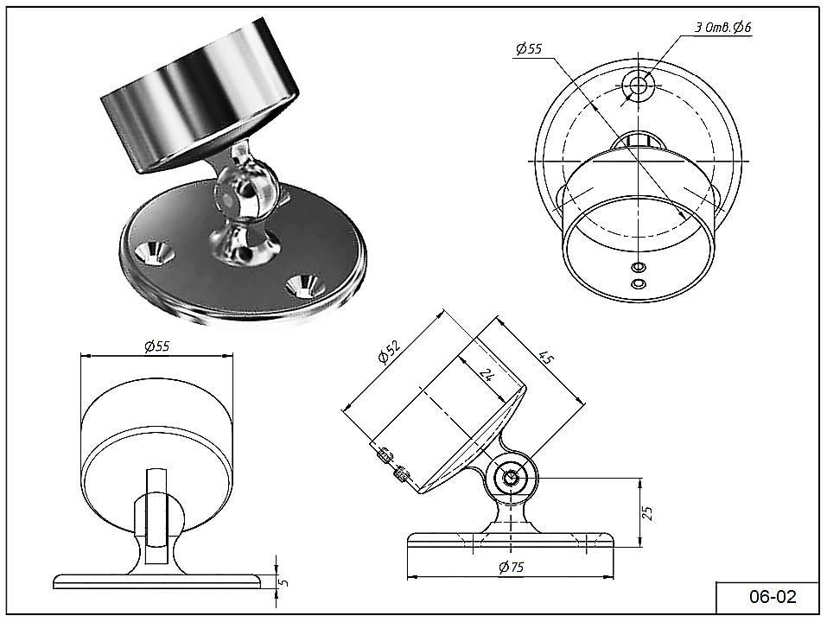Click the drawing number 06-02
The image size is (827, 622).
point(772,596)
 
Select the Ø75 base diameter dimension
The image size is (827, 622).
point(511,568)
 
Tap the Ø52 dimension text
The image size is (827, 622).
point(390,354)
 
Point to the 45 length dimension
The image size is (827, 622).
point(545,358)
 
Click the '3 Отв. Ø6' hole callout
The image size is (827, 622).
point(722,28)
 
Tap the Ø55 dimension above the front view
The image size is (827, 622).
point(156,346)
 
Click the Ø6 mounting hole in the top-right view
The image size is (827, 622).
point(639,85)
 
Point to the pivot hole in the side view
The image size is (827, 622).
point(511,477)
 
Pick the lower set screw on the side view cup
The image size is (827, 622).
point(400,473)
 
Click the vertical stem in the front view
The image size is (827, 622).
point(156,518)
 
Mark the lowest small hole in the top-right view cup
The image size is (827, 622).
point(638,284)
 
